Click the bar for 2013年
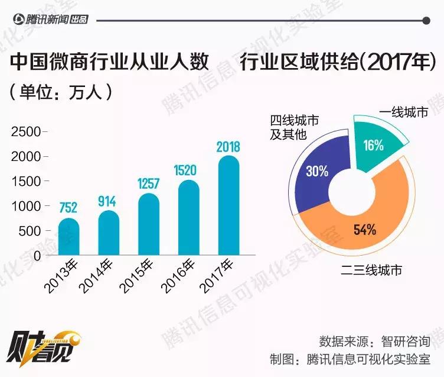pos(68,238)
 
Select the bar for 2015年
pos(148,225)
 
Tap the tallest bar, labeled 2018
pos(228,207)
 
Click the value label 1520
pos(188,170)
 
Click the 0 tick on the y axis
pos(37,256)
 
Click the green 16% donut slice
pos(376,143)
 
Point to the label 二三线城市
pos(371,270)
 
